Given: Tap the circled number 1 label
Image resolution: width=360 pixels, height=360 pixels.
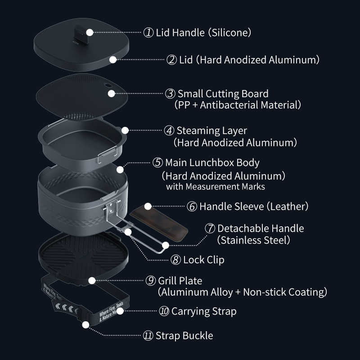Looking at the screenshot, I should [x=148, y=32].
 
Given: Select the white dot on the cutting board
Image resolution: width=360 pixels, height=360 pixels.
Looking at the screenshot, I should [x=112, y=94].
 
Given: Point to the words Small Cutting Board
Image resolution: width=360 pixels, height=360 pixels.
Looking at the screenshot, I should [x=223, y=94].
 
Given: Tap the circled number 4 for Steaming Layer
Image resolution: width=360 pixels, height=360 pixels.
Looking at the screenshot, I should [x=169, y=130].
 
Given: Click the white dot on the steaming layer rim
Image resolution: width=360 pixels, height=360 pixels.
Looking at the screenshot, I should [x=125, y=130].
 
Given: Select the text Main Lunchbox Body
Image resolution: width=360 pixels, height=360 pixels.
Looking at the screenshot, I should [x=212, y=162].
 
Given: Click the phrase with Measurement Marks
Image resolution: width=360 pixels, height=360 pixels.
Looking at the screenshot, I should [x=215, y=186].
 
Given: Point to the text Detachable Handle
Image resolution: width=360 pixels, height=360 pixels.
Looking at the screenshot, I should [x=261, y=229].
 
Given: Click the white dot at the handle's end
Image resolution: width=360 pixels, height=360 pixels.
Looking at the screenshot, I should [x=166, y=245].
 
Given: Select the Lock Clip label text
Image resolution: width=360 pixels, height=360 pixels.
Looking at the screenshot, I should [x=203, y=260].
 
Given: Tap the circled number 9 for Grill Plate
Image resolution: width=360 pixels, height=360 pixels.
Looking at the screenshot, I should [x=151, y=281].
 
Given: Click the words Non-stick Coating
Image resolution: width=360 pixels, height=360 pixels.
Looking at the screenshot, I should [x=284, y=292].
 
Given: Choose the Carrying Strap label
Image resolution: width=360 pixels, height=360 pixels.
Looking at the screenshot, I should [x=204, y=311].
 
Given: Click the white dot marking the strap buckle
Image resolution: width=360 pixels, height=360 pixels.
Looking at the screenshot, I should [x=85, y=324].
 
